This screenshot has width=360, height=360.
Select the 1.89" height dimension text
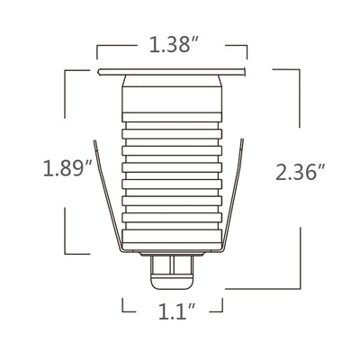coord(67,167)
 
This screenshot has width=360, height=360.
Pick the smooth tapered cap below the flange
coord(171,94)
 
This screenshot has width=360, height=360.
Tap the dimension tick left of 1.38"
coord(97,47)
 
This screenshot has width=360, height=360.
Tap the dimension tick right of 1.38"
coord(247,47)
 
